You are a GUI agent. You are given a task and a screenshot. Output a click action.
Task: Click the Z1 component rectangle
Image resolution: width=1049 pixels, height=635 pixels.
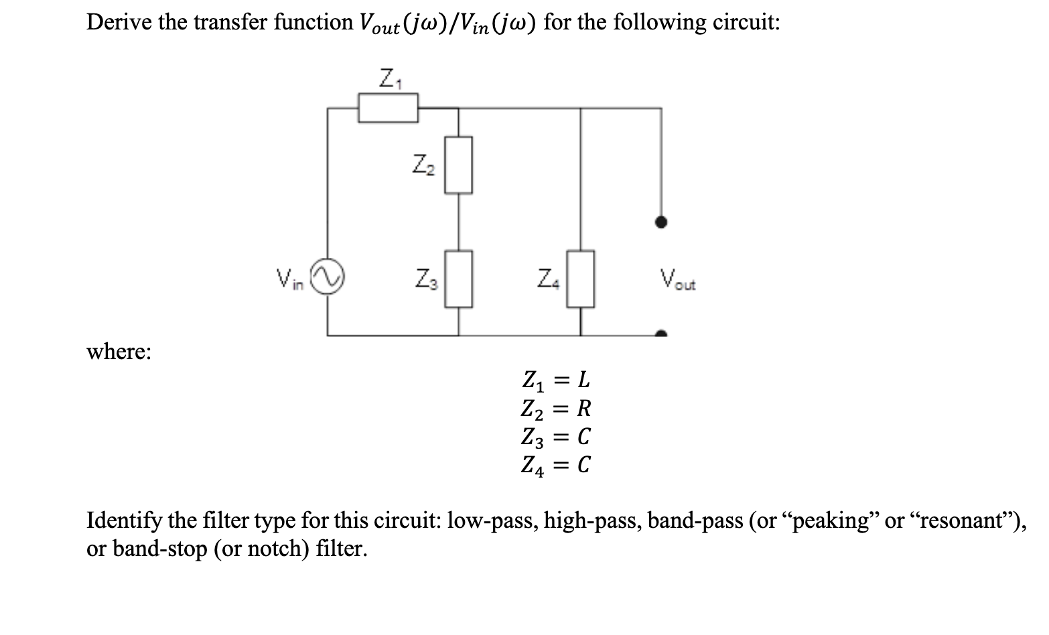[388, 108]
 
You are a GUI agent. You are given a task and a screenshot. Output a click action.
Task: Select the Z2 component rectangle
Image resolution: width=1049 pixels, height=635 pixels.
[459, 165]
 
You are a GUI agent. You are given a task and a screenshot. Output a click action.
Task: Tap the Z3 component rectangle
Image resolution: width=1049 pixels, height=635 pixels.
[459, 278]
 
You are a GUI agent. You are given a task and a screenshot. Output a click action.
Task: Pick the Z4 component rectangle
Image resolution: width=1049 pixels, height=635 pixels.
[581, 279]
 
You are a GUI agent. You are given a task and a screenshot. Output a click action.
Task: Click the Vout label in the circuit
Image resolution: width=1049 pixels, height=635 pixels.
[677, 279]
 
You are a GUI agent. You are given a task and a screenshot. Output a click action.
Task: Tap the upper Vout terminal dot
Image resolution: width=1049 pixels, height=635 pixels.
[661, 222]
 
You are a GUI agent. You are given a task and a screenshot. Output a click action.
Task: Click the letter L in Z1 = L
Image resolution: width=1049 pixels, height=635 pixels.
[583, 380]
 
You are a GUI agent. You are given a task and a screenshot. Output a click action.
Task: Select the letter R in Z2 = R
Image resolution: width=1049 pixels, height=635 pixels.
[584, 408]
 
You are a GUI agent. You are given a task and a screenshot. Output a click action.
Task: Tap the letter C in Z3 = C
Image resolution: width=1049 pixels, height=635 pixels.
[583, 437]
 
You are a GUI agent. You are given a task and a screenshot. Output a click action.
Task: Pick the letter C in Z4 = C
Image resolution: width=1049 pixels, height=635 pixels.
[583, 465]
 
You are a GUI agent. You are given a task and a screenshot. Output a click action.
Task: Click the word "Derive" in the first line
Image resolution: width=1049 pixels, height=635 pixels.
[121, 23]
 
